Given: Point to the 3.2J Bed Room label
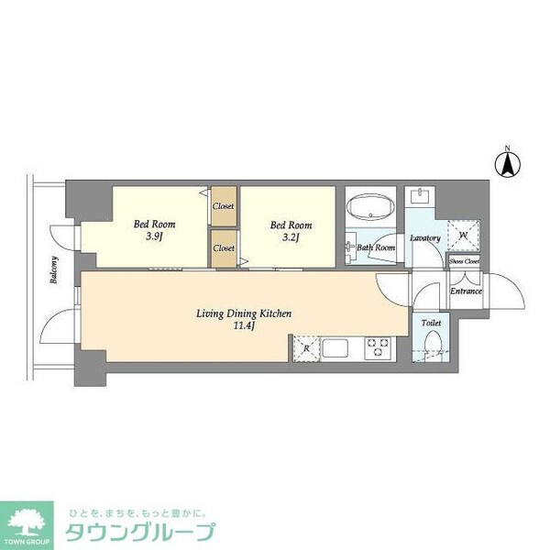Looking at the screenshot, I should tap(290, 231).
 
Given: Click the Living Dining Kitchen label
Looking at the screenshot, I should tap(244, 320).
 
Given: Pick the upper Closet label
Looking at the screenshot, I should tap(224, 206).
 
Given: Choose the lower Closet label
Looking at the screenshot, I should tap(224, 247).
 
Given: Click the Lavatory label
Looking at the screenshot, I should tap(425, 238).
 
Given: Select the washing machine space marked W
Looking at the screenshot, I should tap(462, 235).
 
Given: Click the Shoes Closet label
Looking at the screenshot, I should tap(464, 261).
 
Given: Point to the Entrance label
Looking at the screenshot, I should tap(466, 291).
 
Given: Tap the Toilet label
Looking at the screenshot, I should tap(431, 324).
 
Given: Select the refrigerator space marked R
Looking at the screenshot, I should tap(304, 348).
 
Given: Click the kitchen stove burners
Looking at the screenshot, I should tap(378, 348).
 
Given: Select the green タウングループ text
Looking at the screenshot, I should tap(140, 533).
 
